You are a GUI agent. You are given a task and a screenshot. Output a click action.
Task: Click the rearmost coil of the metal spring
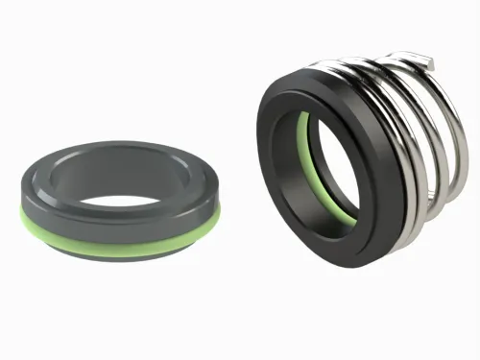(x=437, y=125)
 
